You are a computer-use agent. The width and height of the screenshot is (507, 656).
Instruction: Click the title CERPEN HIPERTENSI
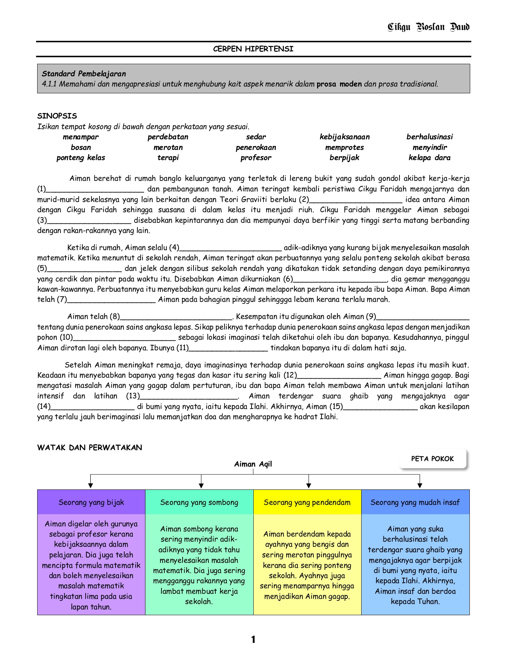click(253, 49)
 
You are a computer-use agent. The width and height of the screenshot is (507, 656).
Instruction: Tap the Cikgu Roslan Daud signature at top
click(428, 27)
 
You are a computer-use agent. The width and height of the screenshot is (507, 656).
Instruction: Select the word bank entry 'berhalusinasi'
click(429, 137)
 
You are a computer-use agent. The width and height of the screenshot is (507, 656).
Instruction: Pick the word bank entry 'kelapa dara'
click(429, 158)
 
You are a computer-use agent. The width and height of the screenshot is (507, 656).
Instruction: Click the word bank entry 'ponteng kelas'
click(81, 158)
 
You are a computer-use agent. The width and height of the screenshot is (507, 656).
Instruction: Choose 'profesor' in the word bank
click(256, 158)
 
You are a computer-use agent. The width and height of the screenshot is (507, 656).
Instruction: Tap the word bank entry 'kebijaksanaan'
click(344, 137)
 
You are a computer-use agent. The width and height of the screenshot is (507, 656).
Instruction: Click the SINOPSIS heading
click(57, 116)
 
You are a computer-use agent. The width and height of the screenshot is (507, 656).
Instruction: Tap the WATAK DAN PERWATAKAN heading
click(90, 448)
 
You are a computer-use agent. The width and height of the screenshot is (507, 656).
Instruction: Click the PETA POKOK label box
click(432, 459)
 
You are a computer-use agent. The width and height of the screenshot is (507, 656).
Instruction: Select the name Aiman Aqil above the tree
click(253, 464)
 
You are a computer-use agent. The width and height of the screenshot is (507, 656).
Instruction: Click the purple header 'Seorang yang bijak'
click(91, 502)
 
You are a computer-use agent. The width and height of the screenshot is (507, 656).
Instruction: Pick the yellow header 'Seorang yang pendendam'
click(307, 502)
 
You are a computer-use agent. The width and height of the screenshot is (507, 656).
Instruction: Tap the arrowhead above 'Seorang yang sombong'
click(201, 486)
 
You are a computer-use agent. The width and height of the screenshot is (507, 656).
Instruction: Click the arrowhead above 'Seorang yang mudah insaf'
click(420, 486)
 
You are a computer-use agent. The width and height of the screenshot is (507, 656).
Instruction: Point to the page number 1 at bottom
click(253, 639)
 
